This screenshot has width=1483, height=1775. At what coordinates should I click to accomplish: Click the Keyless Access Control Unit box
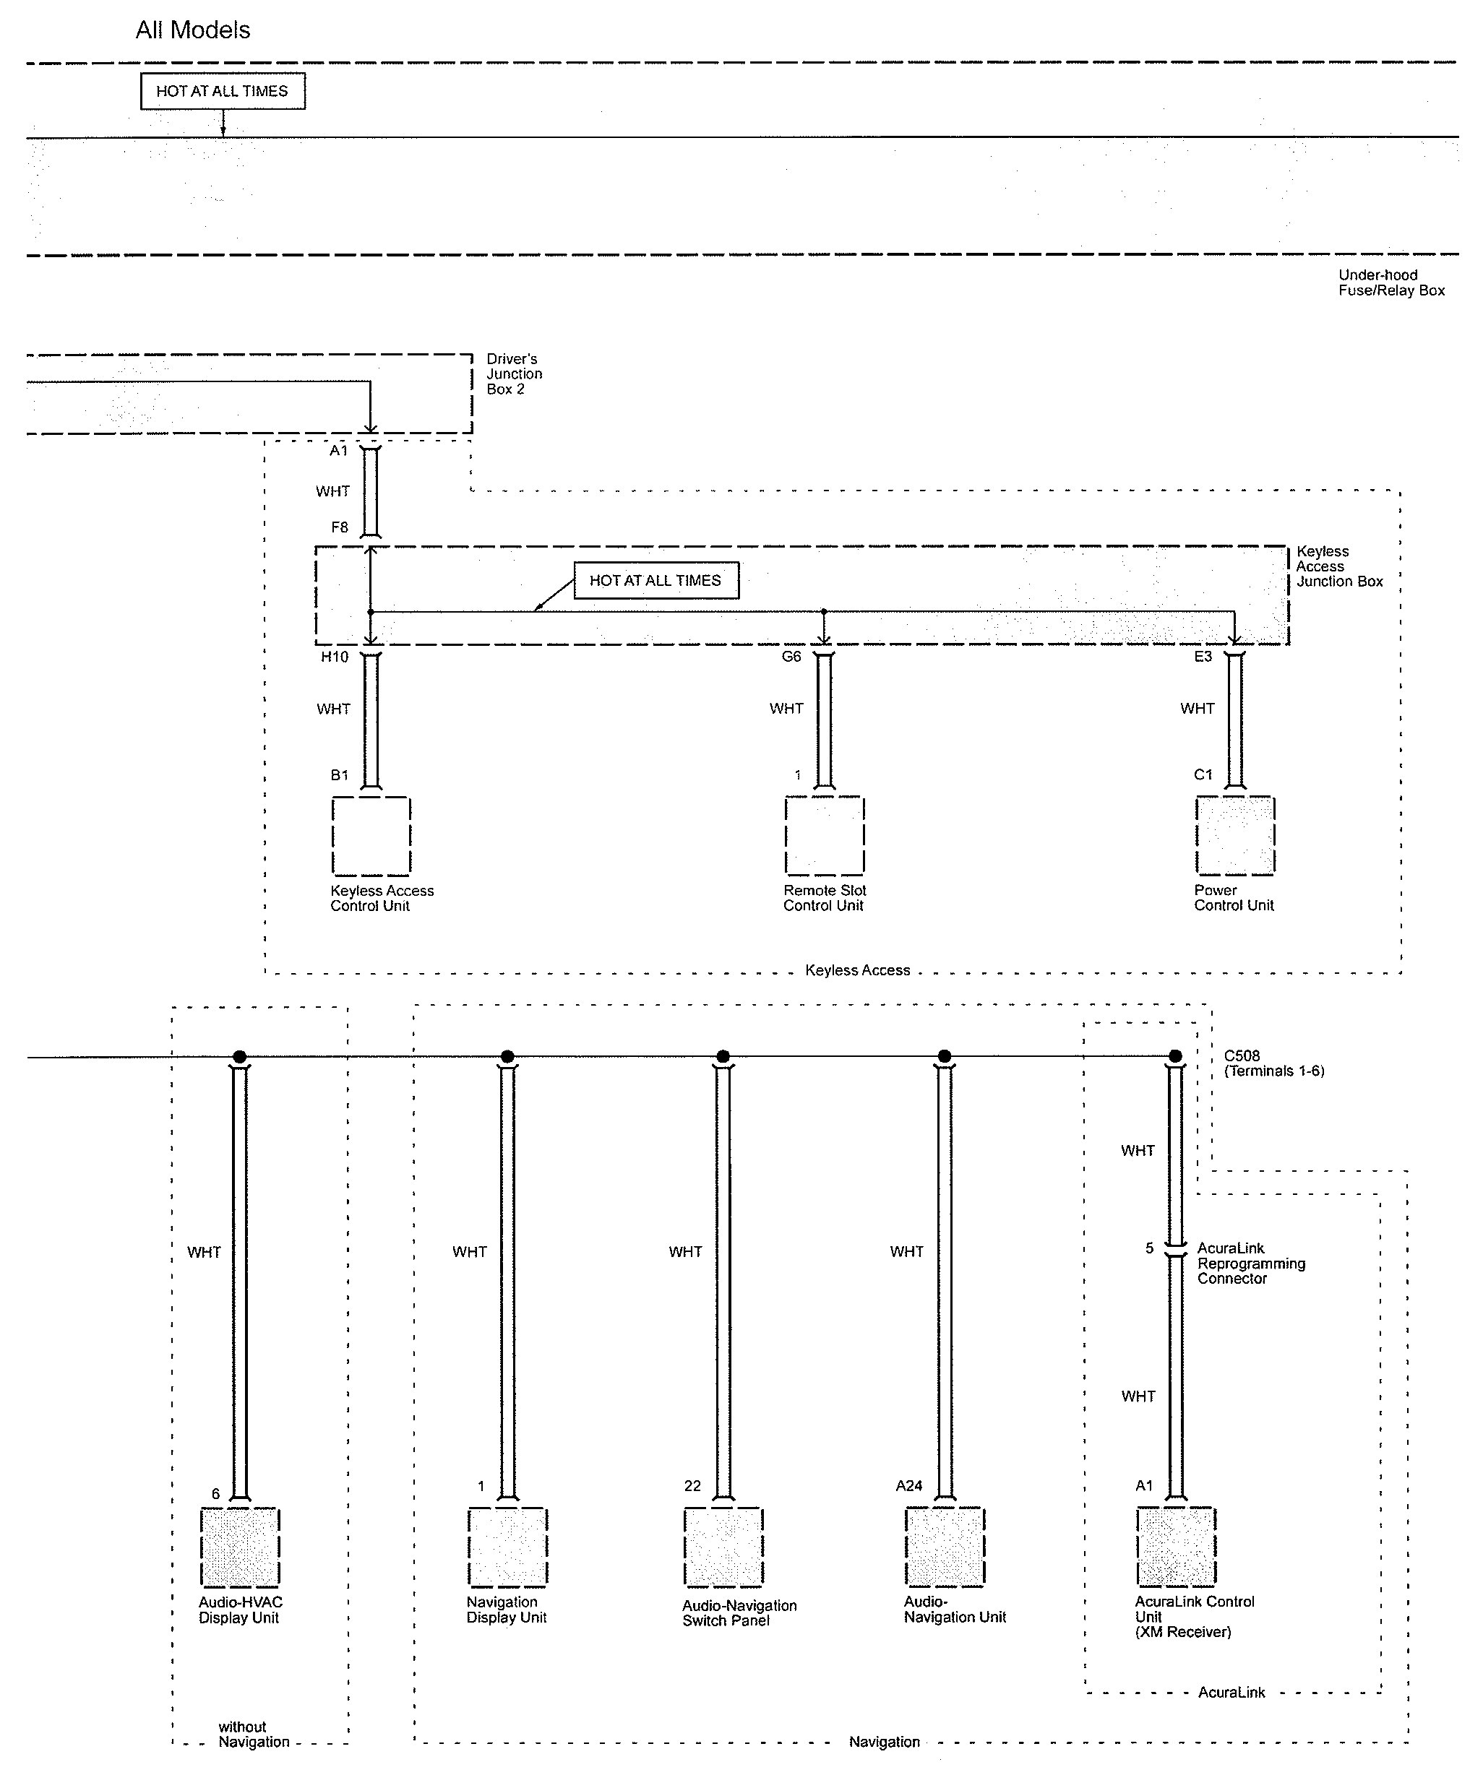[371, 836]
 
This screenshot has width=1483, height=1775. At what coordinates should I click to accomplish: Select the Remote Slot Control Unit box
[825, 835]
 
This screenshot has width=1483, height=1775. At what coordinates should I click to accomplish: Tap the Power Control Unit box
[1235, 835]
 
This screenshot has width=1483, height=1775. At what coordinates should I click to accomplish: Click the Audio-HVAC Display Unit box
[240, 1547]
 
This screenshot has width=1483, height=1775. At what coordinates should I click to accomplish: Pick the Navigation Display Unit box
[507, 1547]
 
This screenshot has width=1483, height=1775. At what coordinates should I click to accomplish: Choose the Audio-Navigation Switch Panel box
[723, 1547]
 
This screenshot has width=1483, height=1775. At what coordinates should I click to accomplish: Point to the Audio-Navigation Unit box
[945, 1547]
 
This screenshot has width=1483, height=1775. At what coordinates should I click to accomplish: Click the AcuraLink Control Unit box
[1176, 1547]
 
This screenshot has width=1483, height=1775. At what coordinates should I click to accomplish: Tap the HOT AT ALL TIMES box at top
[223, 91]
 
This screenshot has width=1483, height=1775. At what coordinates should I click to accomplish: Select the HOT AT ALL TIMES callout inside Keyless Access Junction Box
[656, 581]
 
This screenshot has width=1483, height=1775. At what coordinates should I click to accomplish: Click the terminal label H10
[334, 657]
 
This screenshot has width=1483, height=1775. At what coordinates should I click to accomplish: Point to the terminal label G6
[791, 657]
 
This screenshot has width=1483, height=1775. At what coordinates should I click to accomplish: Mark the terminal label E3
[1203, 657]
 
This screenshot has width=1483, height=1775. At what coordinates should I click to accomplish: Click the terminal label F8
[339, 527]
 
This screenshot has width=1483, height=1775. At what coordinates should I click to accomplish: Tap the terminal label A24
[909, 1486]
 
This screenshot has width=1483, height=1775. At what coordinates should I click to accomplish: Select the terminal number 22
[692, 1486]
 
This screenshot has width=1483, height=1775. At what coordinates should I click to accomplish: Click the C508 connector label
[1242, 1055]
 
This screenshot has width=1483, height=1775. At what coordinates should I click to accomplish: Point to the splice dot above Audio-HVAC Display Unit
[240, 1056]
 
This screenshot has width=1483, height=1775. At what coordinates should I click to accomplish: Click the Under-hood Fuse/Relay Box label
[1390, 282]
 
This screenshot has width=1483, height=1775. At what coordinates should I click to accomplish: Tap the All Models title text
[193, 30]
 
